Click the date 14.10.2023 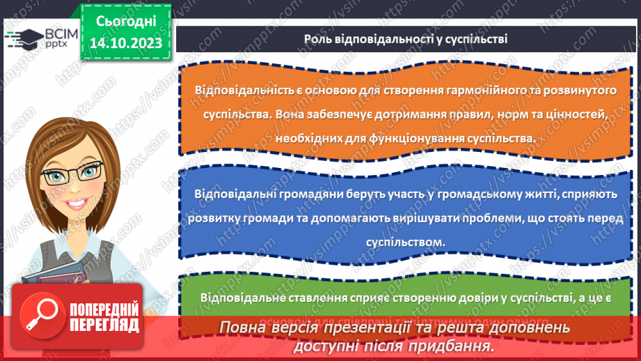click(125, 44)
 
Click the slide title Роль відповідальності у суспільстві click(405, 39)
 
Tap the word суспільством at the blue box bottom click(405, 242)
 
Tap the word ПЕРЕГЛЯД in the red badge click(102, 324)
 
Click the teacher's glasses click(73, 172)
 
